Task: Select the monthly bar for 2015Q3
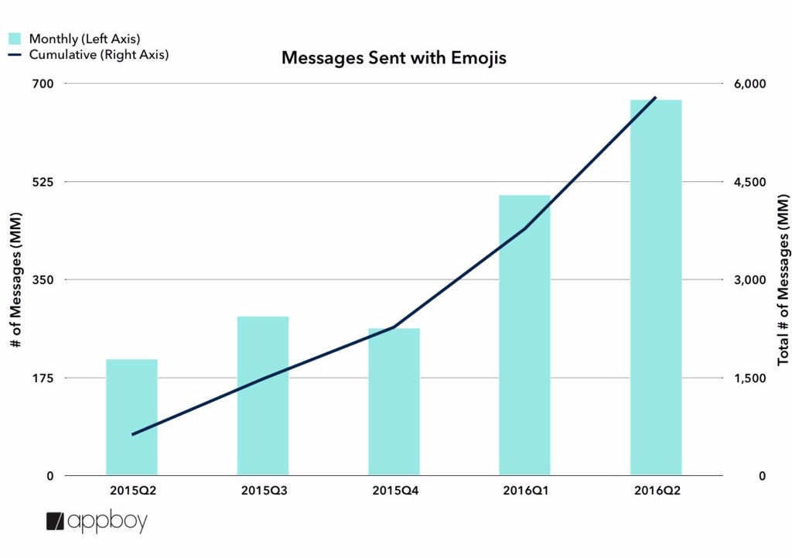(263, 395)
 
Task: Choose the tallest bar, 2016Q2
(656, 286)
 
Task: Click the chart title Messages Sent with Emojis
(394, 58)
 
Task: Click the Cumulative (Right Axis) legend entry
(88, 55)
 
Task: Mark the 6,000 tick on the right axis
(749, 84)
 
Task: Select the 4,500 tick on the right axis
(749, 182)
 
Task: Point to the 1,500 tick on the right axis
(749, 378)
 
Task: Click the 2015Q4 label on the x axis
(394, 491)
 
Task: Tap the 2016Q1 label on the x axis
(524, 491)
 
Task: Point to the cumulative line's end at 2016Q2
(656, 98)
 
